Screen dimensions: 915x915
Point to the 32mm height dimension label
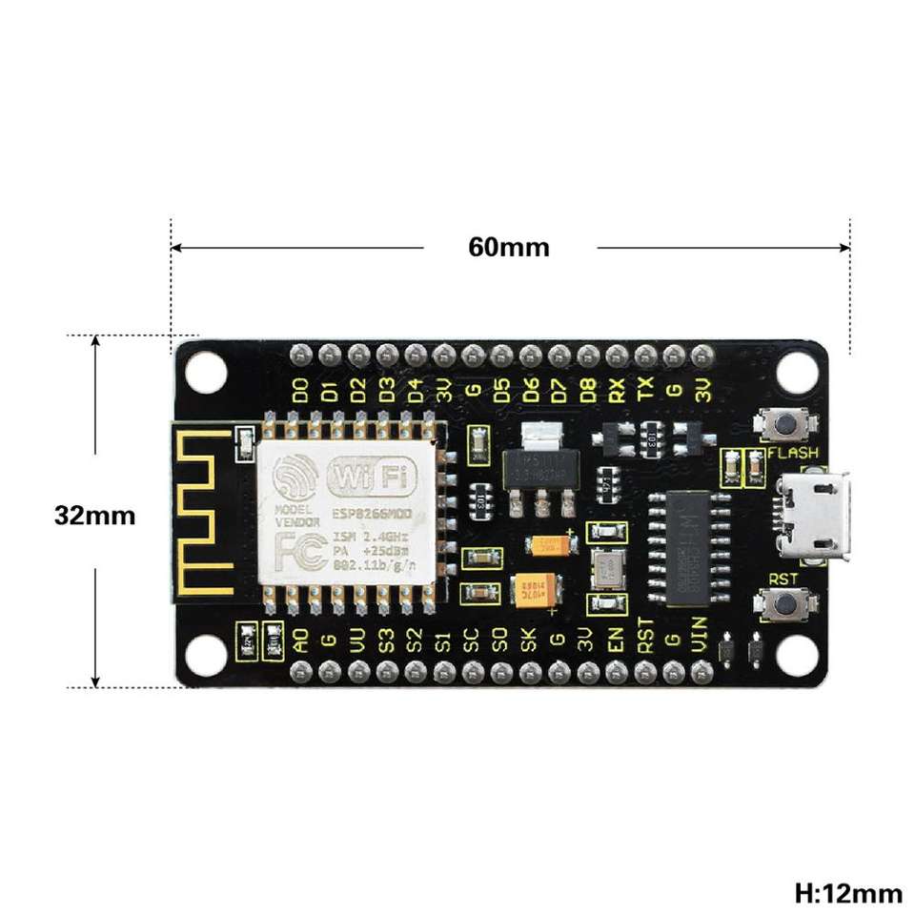(94, 516)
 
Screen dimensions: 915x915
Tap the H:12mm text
(847, 893)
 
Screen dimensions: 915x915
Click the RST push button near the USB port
(785, 602)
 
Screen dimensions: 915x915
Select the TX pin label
(646, 389)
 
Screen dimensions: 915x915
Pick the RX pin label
(618, 389)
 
